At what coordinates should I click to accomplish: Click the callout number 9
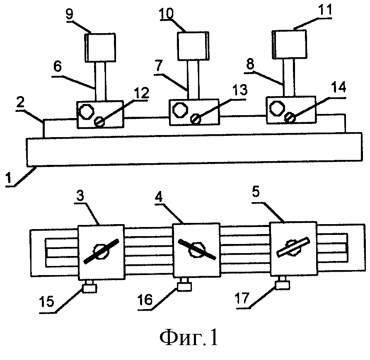69,14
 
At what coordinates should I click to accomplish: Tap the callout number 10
167,14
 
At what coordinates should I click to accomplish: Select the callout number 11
325,10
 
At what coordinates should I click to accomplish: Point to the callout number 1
9,178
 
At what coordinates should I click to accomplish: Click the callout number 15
47,301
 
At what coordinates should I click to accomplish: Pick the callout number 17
242,298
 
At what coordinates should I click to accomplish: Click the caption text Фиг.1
189,338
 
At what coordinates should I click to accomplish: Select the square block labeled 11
290,44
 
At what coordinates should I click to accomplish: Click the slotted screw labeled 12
99,122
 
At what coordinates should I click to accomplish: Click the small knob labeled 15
89,288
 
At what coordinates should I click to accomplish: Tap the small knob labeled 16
184,286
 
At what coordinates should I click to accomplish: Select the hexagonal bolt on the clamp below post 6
86,111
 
